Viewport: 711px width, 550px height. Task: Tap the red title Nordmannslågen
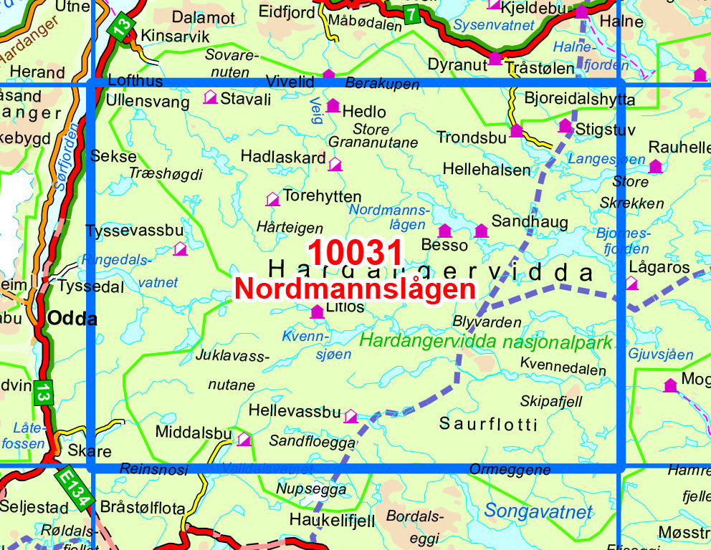[x=355, y=289]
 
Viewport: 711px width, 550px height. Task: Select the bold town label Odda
[x=72, y=319]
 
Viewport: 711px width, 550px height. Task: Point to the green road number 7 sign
[x=411, y=14]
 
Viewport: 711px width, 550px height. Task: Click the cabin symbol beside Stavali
[x=210, y=97]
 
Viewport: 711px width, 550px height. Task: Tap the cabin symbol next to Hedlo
[x=333, y=107]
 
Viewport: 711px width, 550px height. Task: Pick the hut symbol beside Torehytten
[x=272, y=199]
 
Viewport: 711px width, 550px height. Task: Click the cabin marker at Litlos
[x=317, y=312]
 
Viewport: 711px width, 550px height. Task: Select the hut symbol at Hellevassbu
[x=350, y=416]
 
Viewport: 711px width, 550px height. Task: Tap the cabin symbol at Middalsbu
[x=244, y=439]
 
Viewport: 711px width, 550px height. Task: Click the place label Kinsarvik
[x=176, y=35]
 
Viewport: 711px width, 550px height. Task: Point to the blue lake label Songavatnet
[x=538, y=511]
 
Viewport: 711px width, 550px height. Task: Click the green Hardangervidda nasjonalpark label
[x=486, y=341]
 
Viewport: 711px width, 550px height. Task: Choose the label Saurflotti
[x=488, y=424]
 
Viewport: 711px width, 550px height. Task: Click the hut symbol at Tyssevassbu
[x=180, y=249]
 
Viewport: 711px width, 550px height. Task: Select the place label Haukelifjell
[x=332, y=521]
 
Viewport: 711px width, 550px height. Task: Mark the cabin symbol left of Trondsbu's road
[x=516, y=131]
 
